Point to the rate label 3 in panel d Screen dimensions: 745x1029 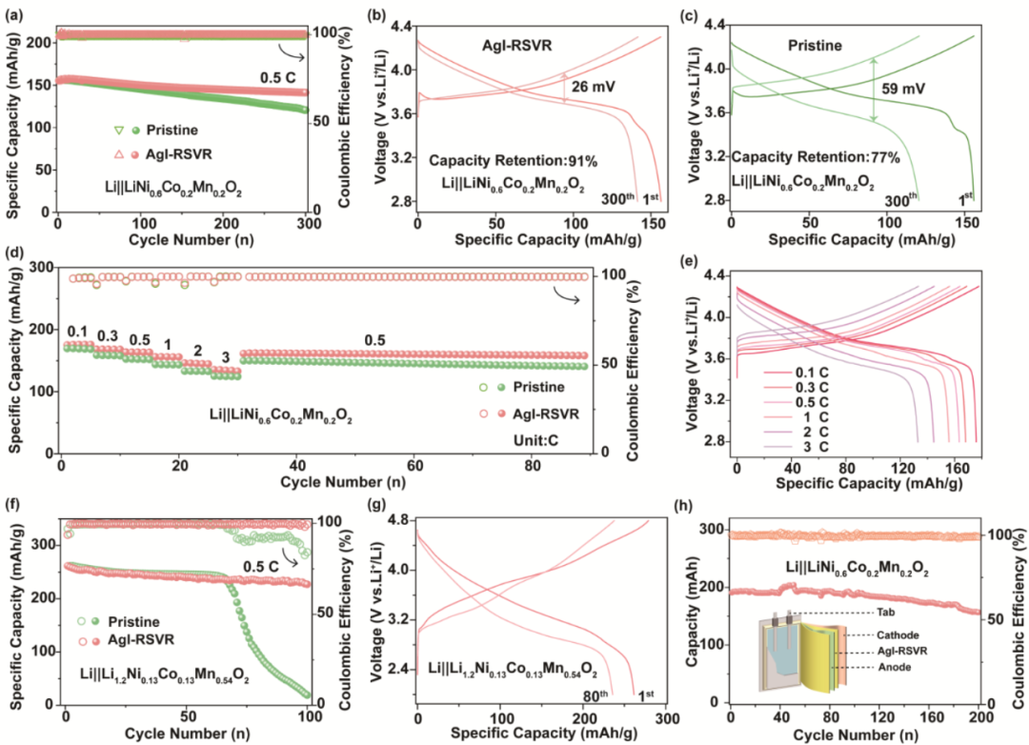227,355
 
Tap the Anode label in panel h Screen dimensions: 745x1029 896,668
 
